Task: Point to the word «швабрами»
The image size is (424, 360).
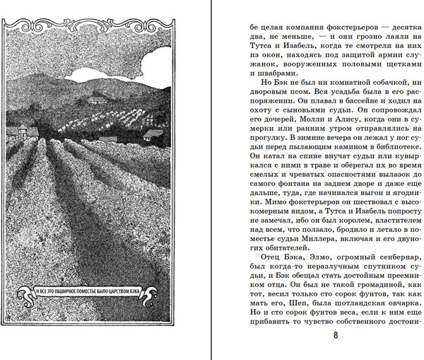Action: [x=271, y=80]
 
